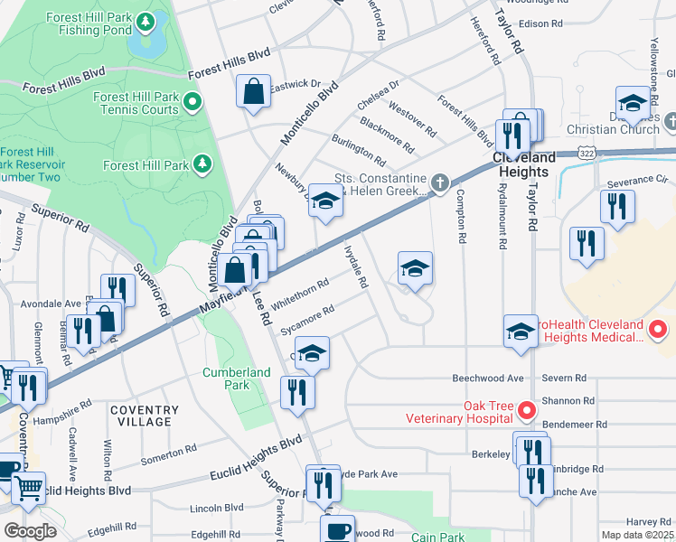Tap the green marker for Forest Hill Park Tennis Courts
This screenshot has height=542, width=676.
click(192, 102)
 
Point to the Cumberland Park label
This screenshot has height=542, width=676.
click(236, 378)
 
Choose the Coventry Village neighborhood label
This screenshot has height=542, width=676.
click(140, 416)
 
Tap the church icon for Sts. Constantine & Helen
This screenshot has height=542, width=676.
click(439, 183)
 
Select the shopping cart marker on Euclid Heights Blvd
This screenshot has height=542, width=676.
click(29, 488)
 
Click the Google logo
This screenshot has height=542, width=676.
click(29, 531)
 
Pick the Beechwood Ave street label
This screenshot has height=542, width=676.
click(488, 378)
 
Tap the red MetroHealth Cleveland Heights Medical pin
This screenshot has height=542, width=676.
click(658, 330)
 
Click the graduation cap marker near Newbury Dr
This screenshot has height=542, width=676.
click(325, 201)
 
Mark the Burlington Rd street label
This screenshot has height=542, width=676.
click(358, 152)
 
